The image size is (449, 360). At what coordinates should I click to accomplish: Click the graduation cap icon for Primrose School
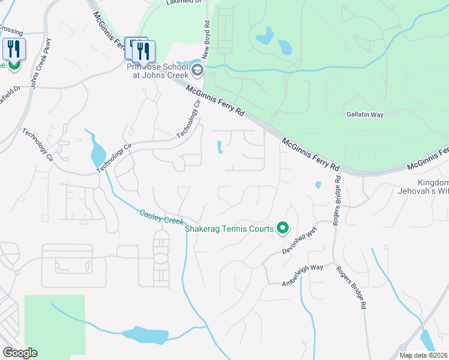click(x=197, y=71)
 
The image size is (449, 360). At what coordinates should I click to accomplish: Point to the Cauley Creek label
click(x=161, y=217)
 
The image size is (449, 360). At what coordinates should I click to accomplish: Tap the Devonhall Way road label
click(x=304, y=232)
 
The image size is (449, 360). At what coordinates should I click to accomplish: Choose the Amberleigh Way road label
click(x=303, y=275)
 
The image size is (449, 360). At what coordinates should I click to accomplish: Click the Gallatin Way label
click(x=364, y=114)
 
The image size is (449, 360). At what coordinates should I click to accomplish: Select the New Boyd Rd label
click(x=205, y=43)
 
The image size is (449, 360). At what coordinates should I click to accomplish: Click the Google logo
click(x=20, y=352)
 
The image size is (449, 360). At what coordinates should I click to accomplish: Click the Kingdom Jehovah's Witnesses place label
click(x=433, y=187)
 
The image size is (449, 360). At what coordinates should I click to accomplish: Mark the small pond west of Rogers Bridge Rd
click(x=318, y=185)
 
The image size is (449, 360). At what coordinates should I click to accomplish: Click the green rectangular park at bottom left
click(x=54, y=324)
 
